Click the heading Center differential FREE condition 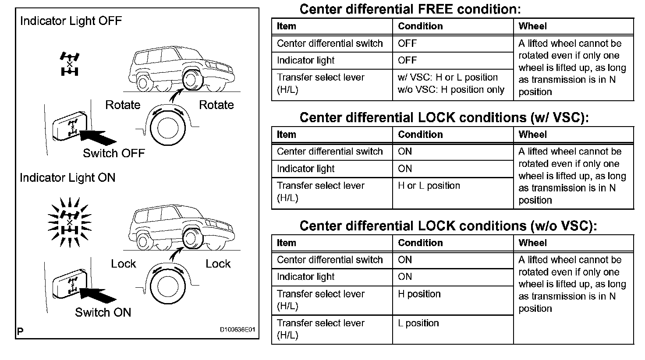click(410, 9)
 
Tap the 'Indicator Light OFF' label click(71, 21)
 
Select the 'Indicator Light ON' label click(67, 178)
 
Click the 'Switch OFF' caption click(113, 153)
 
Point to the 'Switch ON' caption click(103, 312)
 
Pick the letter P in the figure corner click(20, 332)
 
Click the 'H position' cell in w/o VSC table click(419, 294)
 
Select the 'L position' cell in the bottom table click(418, 323)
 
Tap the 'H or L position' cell click(429, 186)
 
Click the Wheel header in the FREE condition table click(532, 26)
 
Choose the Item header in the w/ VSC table click(286, 134)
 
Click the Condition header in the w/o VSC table click(420, 243)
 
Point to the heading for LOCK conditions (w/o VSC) click(448, 226)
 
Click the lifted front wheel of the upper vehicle click(191, 80)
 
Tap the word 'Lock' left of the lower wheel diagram click(124, 264)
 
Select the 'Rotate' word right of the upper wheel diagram click(216, 105)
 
